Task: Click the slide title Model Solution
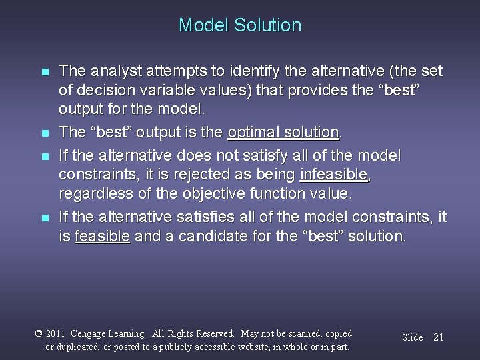coord(239,26)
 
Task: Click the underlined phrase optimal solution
coord(283,133)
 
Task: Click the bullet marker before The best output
coord(45,133)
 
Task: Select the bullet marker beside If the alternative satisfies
coord(45,217)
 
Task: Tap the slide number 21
coord(438,337)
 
